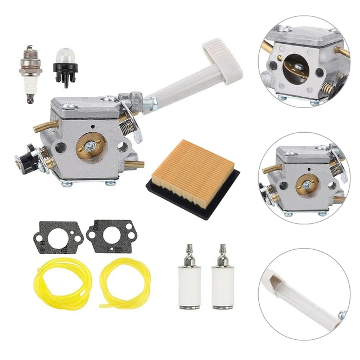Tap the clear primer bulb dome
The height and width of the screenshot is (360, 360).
tap(65, 57)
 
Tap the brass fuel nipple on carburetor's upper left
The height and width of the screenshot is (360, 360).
tap(44, 127)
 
